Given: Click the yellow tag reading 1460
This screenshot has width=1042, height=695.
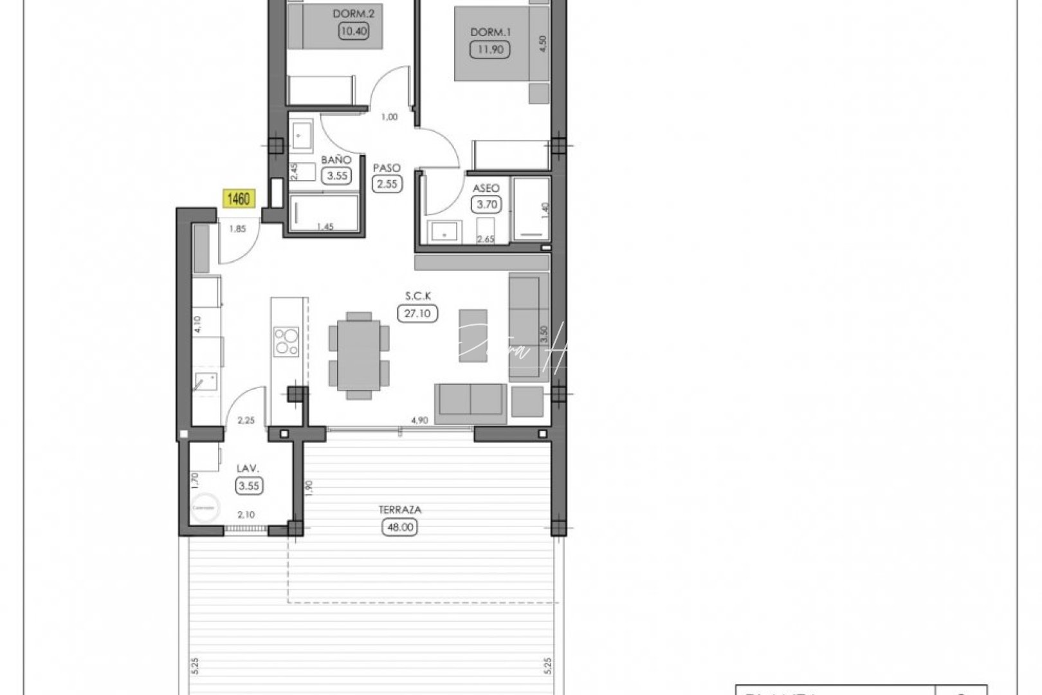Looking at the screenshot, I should tap(239, 199).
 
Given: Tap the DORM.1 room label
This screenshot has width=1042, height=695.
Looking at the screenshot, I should tap(491, 32).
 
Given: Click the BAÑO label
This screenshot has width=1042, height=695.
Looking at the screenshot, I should tap(336, 160).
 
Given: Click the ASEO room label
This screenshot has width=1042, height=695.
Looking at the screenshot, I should tap(486, 189).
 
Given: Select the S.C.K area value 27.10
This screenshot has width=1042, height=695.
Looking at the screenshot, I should tap(418, 313).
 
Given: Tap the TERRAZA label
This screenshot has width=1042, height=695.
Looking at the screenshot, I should tap(400, 510).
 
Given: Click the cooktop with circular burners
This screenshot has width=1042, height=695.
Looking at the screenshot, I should tap(286, 342).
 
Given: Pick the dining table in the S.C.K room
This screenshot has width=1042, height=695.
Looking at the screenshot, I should tap(359, 355).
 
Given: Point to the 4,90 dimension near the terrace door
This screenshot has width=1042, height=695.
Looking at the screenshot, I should tap(419, 421).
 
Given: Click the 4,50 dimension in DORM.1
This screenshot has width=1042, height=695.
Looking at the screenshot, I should tap(543, 44).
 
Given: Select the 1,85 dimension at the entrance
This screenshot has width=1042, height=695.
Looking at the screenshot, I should tap(237, 227).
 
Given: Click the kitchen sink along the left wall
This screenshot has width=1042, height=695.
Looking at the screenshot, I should tap(206, 380).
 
